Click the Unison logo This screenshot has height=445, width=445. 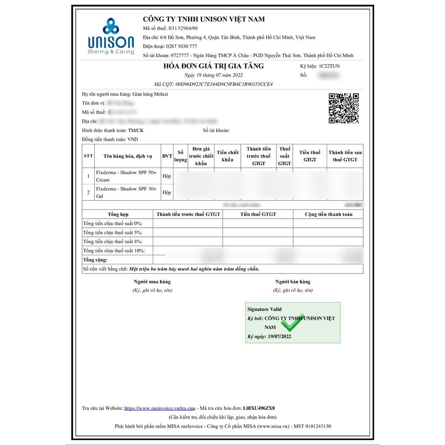coord(111,36)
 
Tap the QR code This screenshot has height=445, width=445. coord(343,108)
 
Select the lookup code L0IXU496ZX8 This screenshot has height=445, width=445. coord(259,408)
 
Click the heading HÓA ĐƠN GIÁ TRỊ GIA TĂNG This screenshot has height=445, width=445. coord(213,66)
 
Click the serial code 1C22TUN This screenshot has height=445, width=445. coord(329,66)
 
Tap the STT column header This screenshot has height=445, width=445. coord(88,156)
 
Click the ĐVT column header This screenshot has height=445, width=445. coord(167,156)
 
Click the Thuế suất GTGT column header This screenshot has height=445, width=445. coord(285,156)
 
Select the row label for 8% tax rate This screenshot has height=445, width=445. coord(113,242)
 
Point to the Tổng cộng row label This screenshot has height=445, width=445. coord(95,260)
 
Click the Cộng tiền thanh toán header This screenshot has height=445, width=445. coord(328,214)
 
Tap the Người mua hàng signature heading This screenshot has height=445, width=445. coord(152,282)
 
